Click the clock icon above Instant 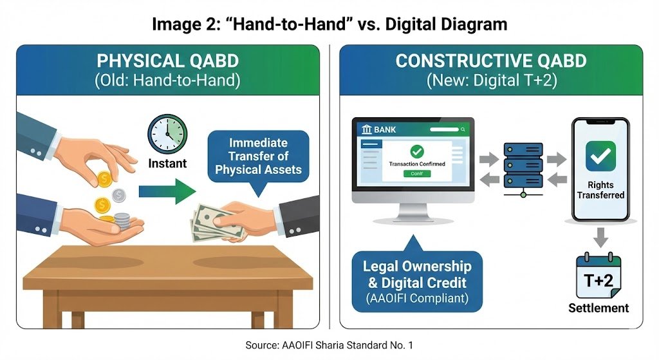click(x=167, y=133)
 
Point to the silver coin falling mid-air click(x=118, y=195)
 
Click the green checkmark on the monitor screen click(x=417, y=151)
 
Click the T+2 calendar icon click(x=599, y=276)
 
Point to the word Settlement click(x=599, y=308)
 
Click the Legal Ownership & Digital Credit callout click(x=417, y=281)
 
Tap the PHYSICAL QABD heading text click(x=167, y=61)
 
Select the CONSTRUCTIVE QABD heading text click(x=491, y=61)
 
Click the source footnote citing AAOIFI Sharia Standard click(x=329, y=346)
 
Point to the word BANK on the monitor click(x=385, y=129)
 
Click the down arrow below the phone click(x=600, y=236)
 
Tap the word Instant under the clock click(x=167, y=164)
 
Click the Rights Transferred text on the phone click(x=600, y=189)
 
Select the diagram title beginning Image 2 click(x=329, y=24)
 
